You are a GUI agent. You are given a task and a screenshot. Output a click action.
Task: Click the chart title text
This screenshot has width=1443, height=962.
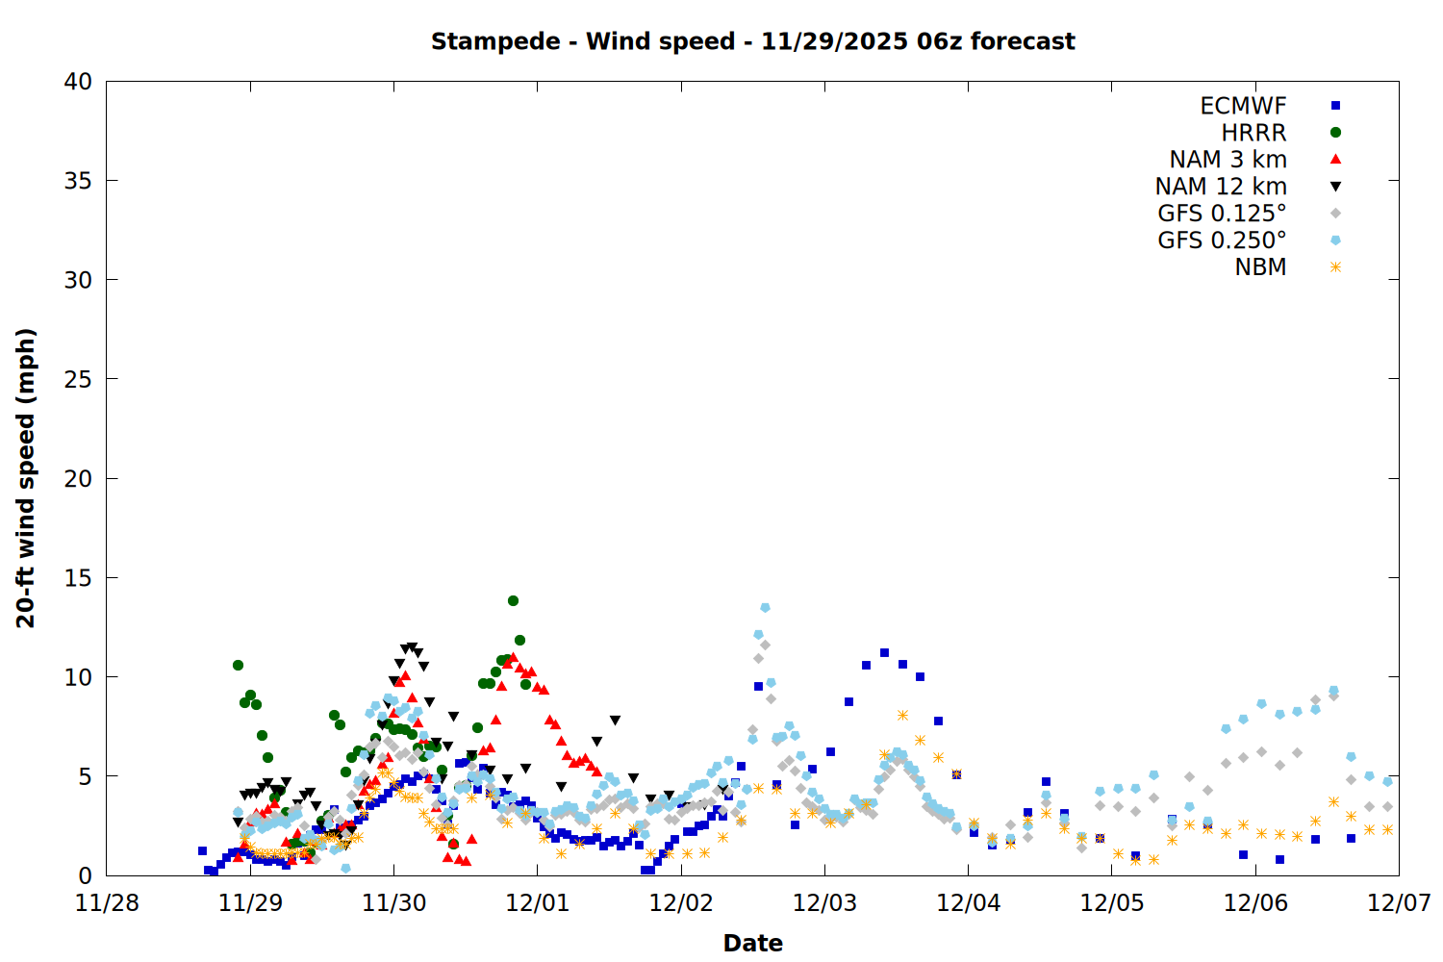(x=752, y=41)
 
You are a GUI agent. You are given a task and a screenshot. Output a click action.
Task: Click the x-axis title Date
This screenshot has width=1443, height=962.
(x=752, y=943)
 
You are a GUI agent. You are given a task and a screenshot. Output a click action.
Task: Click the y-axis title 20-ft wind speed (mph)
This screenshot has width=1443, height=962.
(x=26, y=478)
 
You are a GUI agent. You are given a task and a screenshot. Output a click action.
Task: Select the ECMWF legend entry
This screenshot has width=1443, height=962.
(x=1243, y=106)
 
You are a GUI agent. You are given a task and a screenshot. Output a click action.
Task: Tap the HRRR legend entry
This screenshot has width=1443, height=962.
(x=1253, y=133)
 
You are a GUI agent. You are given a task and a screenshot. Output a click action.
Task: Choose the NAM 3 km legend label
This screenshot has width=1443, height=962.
(x=1228, y=160)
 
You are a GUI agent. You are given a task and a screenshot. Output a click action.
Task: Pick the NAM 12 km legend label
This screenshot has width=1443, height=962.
(x=1221, y=187)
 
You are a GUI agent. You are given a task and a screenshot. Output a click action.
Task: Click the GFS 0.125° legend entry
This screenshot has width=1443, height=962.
(x=1222, y=214)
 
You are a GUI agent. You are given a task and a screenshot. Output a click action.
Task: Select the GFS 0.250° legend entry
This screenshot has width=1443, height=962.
(x=1222, y=240)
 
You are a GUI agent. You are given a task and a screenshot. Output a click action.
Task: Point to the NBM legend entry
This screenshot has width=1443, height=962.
(x=1260, y=267)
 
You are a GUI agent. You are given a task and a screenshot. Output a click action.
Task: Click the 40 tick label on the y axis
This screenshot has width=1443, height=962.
(x=78, y=82)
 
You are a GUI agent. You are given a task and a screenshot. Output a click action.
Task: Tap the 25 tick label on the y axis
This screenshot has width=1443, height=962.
(x=78, y=379)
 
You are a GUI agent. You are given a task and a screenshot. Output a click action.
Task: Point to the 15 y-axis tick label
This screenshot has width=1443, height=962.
(x=78, y=577)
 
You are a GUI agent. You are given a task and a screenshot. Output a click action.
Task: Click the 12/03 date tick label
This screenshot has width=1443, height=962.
(x=824, y=902)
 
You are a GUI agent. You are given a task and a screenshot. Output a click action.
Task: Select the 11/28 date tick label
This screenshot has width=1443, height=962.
(x=107, y=902)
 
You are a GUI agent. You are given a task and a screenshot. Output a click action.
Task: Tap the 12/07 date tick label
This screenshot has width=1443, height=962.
(x=1399, y=902)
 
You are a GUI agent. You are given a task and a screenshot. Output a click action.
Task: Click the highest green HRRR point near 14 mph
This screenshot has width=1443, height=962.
(x=513, y=600)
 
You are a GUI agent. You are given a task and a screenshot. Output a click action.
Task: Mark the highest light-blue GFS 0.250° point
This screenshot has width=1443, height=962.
(x=765, y=607)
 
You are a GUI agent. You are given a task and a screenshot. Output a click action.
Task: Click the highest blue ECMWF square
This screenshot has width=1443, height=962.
(x=884, y=652)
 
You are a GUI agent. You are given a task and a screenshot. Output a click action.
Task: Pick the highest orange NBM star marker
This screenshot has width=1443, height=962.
(x=902, y=715)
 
